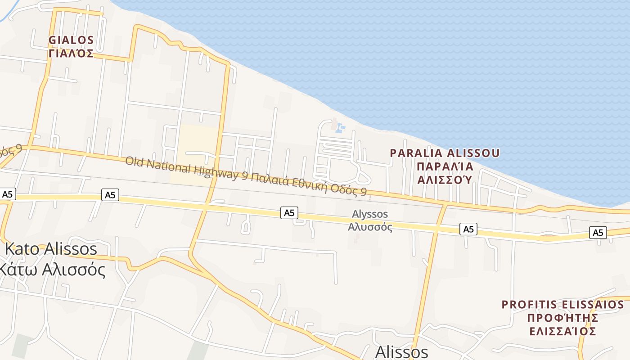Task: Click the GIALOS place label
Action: click(71, 40)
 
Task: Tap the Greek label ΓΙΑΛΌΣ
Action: click(71, 54)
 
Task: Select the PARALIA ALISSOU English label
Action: click(445, 153)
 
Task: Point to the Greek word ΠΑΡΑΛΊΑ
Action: click(445, 166)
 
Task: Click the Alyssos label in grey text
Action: click(370, 214)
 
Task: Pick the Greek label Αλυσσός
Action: click(370, 227)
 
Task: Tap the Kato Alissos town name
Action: click(50, 249)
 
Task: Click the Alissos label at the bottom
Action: click(401, 352)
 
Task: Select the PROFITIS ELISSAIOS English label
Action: click(562, 305)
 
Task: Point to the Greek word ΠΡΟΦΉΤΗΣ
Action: click(562, 318)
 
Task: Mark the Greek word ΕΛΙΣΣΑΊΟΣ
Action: click(562, 332)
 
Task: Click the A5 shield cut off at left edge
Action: click(8, 194)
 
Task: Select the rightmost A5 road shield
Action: click(598, 233)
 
